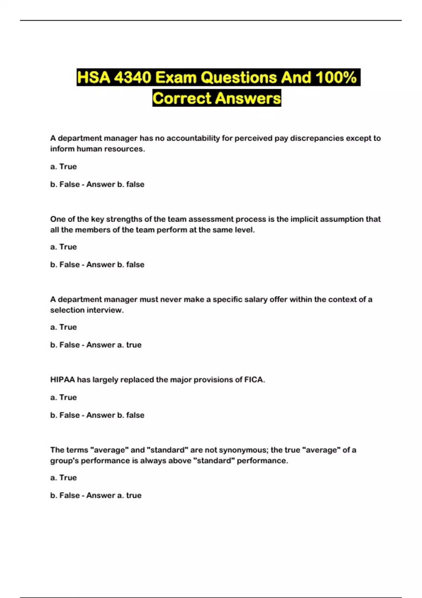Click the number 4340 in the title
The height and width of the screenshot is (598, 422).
tap(132, 77)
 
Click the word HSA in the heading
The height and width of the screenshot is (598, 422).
tap(93, 77)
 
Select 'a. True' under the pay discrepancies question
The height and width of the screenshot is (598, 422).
tap(63, 167)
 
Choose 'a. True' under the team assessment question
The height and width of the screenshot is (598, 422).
tap(63, 247)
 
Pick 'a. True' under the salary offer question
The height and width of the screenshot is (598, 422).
tap(63, 327)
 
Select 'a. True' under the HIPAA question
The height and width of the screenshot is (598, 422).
tap(63, 397)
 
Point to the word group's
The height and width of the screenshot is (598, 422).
tap(64, 461)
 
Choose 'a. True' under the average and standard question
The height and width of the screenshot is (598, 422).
tap(63, 478)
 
